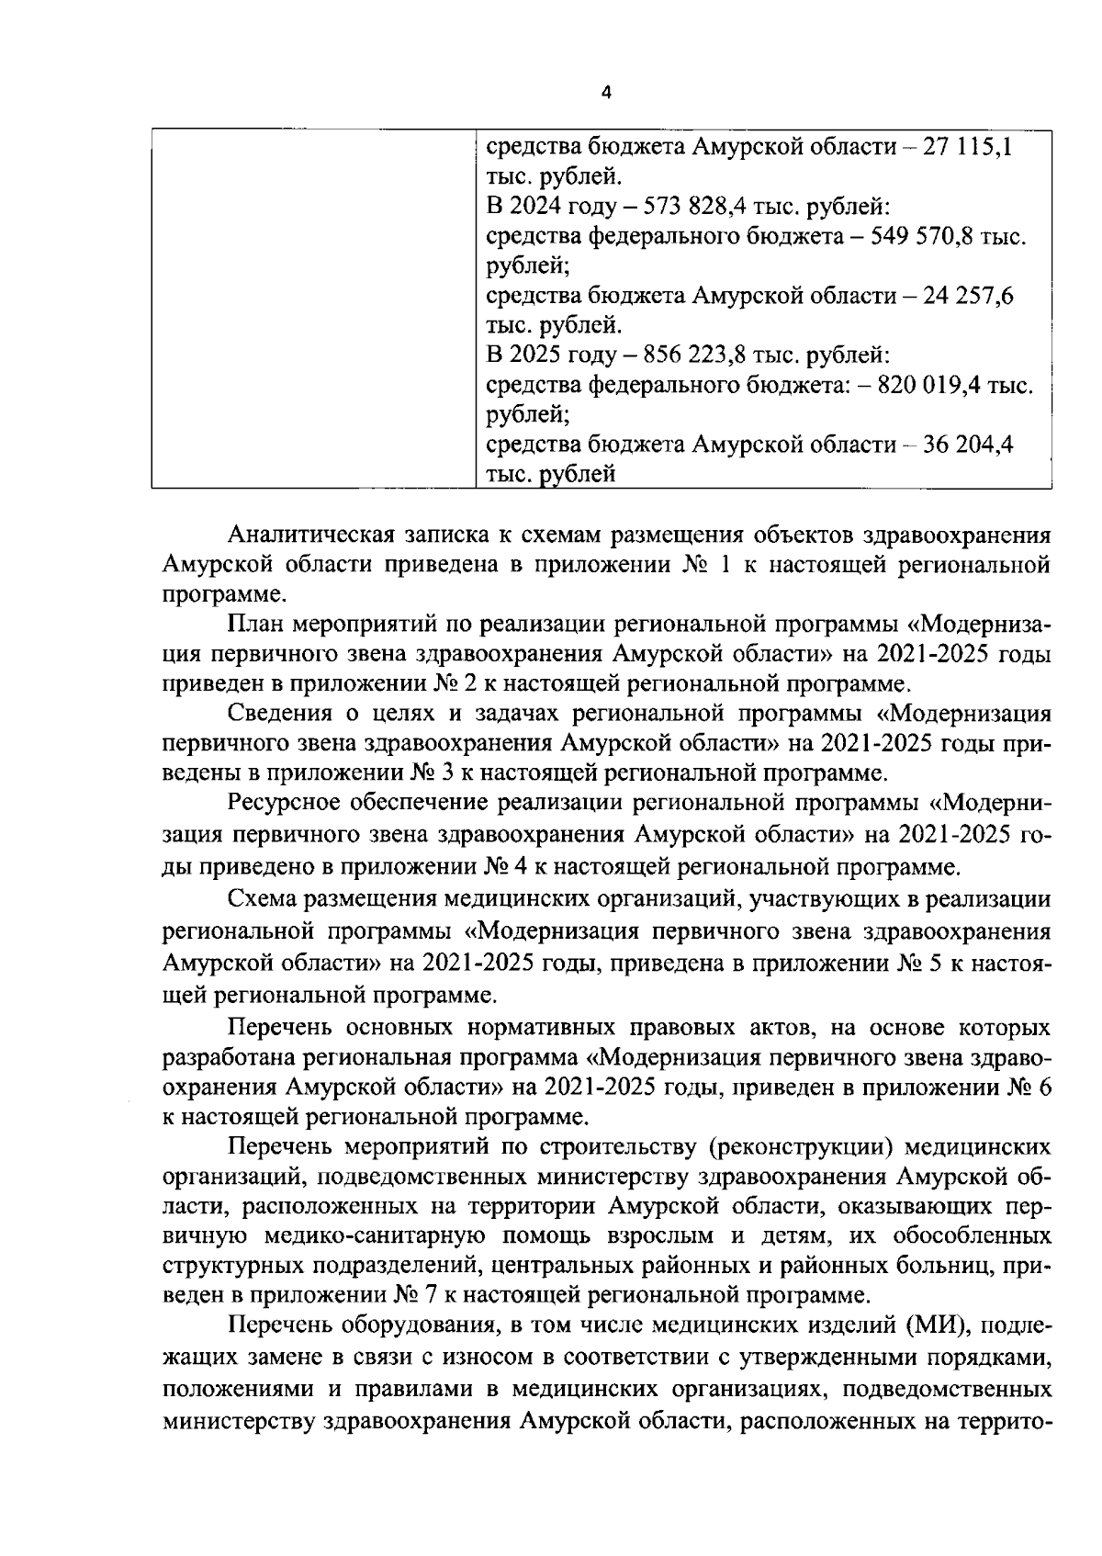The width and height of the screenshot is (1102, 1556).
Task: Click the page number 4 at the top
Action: coord(604,92)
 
